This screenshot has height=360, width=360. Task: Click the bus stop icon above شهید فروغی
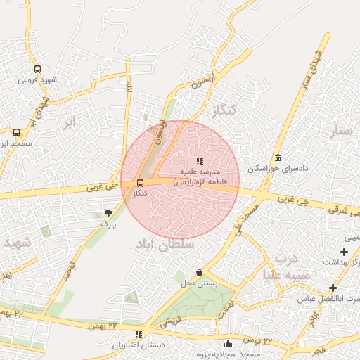coord(37,70)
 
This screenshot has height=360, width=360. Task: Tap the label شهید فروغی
coord(37,80)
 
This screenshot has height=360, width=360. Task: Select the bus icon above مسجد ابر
coord(17,131)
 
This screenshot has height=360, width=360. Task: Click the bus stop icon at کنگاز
coord(139,183)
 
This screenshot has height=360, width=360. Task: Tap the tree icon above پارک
coord(108,212)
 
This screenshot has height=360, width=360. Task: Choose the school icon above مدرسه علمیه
coord(200,161)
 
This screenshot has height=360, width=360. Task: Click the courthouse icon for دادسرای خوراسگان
coord(279,157)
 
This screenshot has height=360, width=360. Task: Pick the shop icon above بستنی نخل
coord(200,273)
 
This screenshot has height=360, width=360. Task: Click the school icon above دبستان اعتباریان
coord(139,334)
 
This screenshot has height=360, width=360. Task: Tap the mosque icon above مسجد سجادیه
coord(228,343)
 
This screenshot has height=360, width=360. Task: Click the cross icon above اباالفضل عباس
coord(333,288)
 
